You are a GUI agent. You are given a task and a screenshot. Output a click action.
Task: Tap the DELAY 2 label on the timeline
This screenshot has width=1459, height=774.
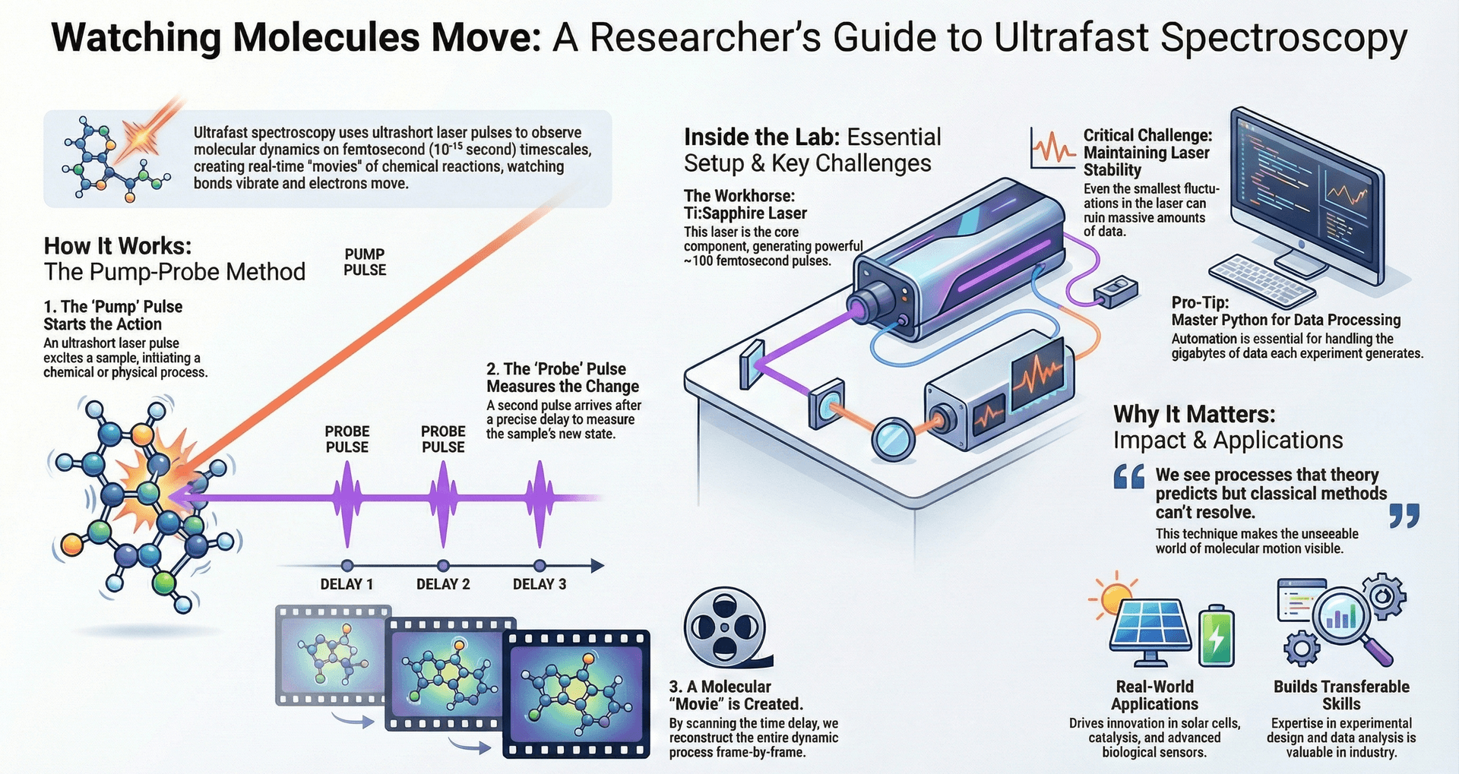[443, 584]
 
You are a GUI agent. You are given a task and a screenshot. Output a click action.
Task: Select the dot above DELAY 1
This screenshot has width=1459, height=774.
[347, 565]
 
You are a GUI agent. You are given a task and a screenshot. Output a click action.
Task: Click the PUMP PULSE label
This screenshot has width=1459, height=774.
[365, 262]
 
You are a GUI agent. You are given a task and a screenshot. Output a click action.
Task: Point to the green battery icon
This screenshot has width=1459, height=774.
[1217, 636]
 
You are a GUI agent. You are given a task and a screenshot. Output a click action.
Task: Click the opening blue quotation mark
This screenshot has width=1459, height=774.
[1129, 477]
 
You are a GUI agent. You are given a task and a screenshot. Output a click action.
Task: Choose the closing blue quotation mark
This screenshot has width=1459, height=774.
[1404, 516]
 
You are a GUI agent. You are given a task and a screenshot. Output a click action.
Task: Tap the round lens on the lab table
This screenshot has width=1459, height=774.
[893, 439]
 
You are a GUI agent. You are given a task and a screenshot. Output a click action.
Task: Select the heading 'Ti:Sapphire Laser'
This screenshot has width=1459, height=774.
[745, 213]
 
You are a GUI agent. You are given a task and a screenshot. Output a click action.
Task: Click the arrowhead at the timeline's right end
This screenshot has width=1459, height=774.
[597, 565]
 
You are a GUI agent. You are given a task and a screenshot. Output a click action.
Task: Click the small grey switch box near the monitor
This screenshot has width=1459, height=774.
[1116, 291]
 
